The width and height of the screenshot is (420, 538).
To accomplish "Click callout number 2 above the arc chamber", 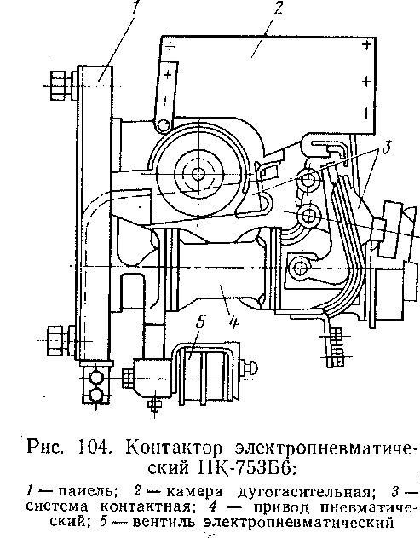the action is click(x=278, y=8).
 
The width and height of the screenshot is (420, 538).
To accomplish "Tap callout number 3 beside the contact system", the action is click(x=386, y=148).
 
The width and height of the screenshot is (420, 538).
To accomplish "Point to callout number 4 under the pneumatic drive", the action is click(x=233, y=321).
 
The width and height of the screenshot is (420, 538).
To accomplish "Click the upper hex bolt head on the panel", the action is click(x=58, y=86).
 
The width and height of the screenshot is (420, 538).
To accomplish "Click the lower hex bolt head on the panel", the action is click(x=55, y=341).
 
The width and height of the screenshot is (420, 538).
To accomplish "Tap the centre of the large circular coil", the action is click(x=198, y=174).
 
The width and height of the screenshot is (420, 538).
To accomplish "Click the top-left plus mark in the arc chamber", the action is click(x=170, y=46).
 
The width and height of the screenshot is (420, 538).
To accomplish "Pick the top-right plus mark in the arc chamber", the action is click(x=367, y=44).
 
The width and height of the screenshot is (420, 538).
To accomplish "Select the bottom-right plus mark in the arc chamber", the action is click(x=367, y=113).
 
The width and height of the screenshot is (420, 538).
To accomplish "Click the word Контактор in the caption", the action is click(x=174, y=448).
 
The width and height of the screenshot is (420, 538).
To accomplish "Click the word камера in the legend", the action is click(x=194, y=492).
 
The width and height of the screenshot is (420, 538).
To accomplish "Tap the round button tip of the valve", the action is click(x=253, y=367).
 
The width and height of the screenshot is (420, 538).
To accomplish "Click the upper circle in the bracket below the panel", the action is click(x=96, y=378).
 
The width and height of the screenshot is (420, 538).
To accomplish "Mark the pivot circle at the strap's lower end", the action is click(x=164, y=124).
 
